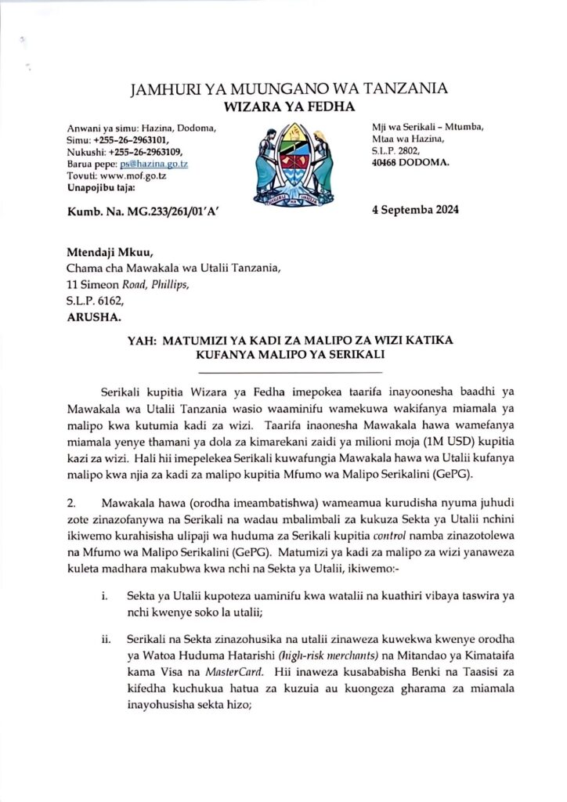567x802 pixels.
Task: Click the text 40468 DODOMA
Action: tap(411, 163)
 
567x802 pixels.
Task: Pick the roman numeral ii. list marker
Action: tap(106, 640)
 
